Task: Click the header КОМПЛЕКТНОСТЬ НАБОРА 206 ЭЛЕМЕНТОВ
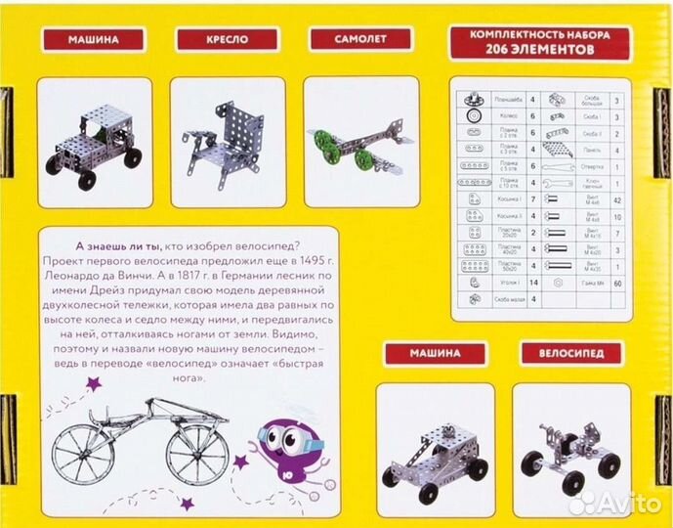[542, 41]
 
